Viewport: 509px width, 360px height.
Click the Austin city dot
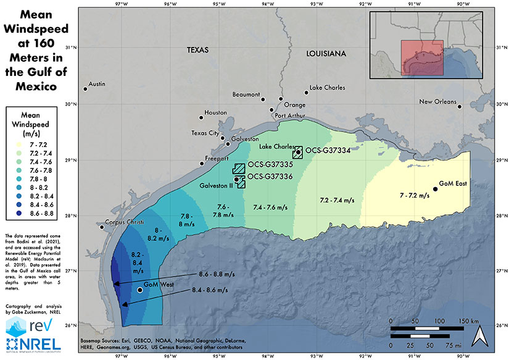click(x=86, y=90)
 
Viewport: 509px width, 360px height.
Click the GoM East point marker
click(x=436, y=189)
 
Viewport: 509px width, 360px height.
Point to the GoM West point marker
click(x=140, y=290)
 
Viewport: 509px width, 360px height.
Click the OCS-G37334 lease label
click(x=329, y=151)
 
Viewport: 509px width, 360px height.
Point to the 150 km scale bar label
click(x=472, y=322)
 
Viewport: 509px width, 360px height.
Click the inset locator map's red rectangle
click(x=421, y=58)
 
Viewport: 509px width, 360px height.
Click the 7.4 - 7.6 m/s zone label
click(x=270, y=209)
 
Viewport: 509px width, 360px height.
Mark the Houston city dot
click(x=201, y=117)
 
